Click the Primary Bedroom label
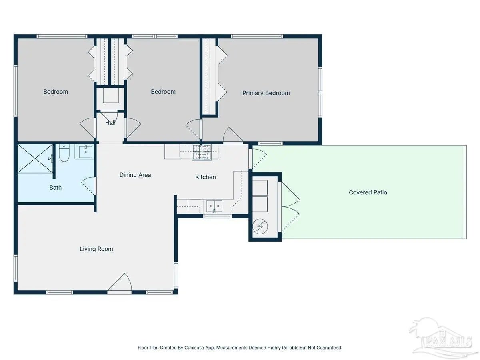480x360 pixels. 266,93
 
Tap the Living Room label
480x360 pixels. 96,249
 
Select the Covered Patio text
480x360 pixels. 368,192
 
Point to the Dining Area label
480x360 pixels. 135,175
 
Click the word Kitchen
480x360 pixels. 205,177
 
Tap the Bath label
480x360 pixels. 56,188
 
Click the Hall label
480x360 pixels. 110,123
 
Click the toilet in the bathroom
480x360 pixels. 64,153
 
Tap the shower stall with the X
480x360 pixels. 35,158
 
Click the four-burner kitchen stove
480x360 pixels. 202,152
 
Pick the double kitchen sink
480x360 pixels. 214,206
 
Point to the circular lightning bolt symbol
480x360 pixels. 260,226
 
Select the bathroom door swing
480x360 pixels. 88,186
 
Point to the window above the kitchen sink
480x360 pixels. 217,216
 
